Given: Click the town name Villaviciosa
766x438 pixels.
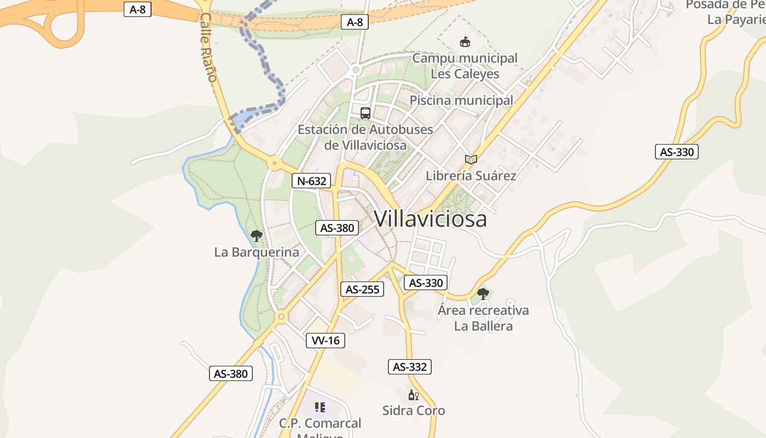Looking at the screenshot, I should tap(431, 219).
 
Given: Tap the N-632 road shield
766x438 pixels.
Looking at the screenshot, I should tap(311, 181).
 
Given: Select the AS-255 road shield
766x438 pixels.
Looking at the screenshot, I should tap(362, 289).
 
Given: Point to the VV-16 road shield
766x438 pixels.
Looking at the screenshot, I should tap(326, 341).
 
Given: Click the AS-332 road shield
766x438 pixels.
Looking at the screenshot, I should tap(410, 367).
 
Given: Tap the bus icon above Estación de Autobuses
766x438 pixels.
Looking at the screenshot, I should tap(365, 113).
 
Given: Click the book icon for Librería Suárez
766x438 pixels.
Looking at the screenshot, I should tap(471, 159).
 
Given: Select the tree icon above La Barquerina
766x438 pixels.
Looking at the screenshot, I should tap(256, 236).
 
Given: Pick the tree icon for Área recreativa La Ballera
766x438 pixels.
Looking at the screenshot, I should tap(483, 294).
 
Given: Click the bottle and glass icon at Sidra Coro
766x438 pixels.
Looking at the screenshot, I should tap(413, 395).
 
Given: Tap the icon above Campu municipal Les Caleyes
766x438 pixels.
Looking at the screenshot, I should tap(465, 42).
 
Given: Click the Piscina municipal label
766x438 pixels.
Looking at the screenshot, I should tap(462, 100).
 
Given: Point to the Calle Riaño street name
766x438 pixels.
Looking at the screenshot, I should tap(208, 48).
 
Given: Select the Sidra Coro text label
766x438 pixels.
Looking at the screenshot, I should tap(414, 411).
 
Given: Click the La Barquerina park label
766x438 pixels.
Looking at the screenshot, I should tap(257, 252).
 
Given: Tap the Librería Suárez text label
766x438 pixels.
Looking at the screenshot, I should tap(471, 176).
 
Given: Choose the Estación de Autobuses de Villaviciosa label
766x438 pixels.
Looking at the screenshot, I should tap(365, 137).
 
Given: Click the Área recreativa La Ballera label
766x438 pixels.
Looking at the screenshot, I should tap(483, 318).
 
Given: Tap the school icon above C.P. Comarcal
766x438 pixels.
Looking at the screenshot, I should tap(320, 407).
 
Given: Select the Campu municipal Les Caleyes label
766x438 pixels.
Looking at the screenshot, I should tap(465, 66).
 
